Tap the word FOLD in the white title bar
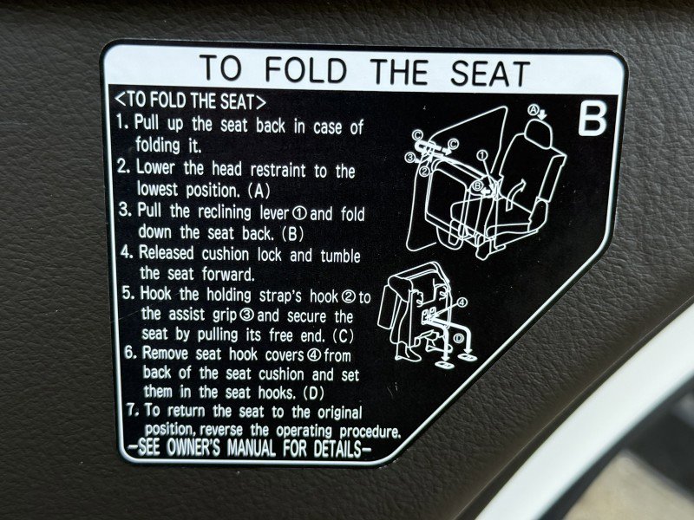306,70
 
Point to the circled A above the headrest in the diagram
534,109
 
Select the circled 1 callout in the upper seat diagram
482,155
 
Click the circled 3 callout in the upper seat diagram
410,157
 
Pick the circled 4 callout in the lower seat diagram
462,302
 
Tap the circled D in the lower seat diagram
459,338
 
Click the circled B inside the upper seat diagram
478,185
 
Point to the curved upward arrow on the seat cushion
514,192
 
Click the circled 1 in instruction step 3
299,214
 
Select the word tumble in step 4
340,256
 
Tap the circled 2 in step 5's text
349,297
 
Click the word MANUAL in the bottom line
251,448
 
